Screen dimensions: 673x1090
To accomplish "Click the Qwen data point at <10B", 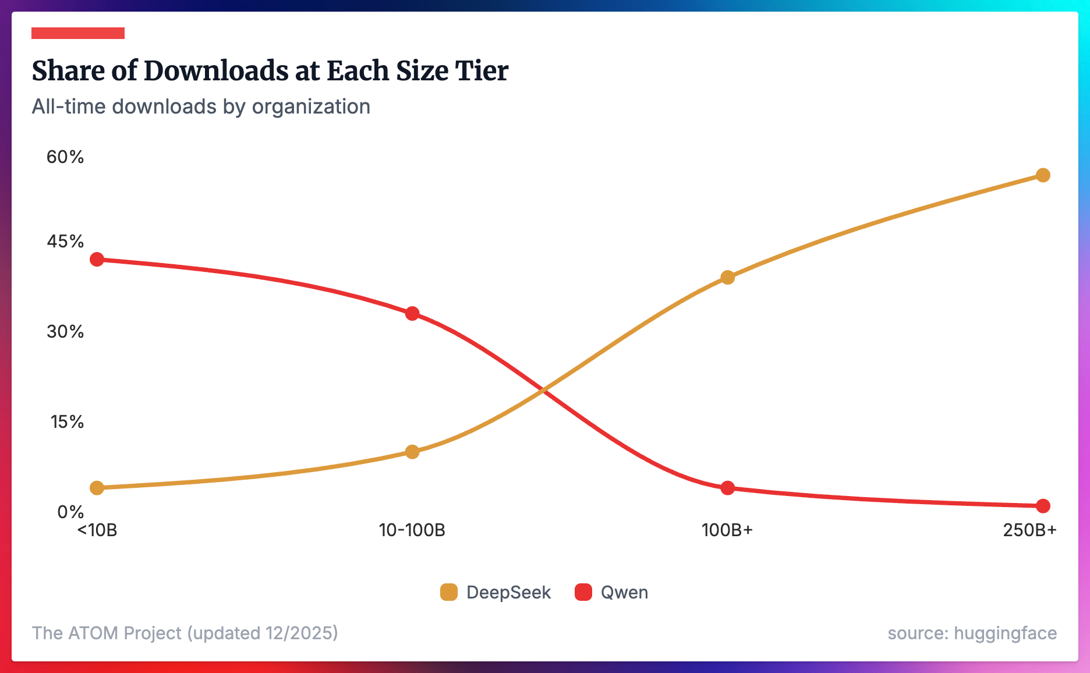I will coord(97,259).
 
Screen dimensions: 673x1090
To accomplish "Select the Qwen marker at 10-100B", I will coord(412,314).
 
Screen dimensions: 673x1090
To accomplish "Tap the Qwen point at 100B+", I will coord(727,488).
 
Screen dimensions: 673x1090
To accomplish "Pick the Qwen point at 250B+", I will coord(1043,506).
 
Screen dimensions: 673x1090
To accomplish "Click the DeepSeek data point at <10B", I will coord(97,487).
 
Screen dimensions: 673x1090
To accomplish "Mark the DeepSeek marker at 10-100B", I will coord(412,452).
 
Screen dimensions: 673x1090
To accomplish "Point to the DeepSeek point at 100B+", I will coord(727,277).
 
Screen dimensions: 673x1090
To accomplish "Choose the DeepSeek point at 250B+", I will coord(1043,175).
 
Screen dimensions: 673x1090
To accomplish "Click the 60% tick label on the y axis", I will coord(65,157).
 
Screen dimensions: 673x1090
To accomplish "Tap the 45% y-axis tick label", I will coord(65,241).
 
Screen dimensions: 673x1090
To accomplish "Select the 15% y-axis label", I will coord(67,421).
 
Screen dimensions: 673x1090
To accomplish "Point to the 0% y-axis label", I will coord(70,512).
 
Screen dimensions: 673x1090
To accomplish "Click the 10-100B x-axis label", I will coord(412,530).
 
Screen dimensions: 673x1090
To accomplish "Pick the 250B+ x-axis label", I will coord(1029,530).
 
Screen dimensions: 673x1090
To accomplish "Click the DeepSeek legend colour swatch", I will coord(449,592).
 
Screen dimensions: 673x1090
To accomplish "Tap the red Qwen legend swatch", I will coord(583,592).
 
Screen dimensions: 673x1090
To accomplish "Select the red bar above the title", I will coord(78,33).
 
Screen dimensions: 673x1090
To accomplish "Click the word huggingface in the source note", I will coord(1005,633).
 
